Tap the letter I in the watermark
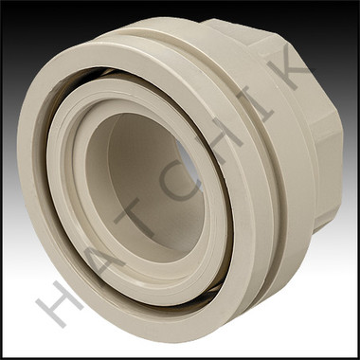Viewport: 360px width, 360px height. click(255, 103)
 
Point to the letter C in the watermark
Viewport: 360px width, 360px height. click(179, 181)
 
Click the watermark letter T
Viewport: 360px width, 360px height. click(136, 219)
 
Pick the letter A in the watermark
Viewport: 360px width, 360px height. click(101, 258)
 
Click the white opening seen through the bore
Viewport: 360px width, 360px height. click(189, 164)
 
